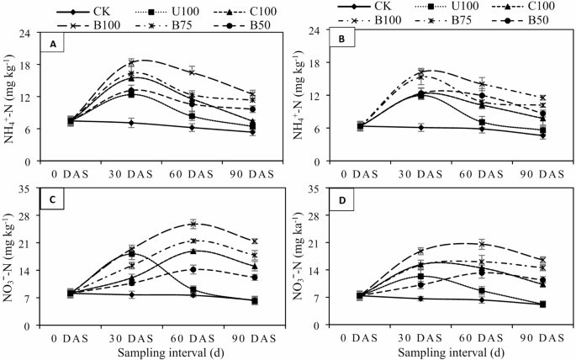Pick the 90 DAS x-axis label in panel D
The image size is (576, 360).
536,335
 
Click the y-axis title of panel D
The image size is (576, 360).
301,255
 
